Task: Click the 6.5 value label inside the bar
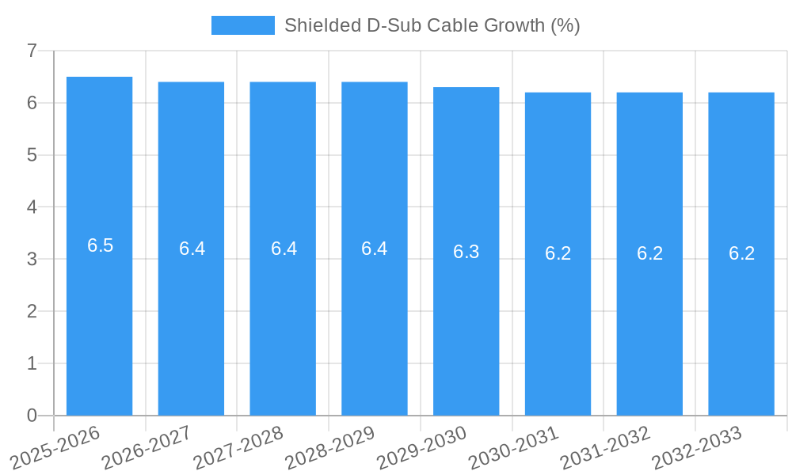pyautogui.click(x=101, y=245)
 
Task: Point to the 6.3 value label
pyautogui.click(x=466, y=252)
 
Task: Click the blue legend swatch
pyautogui.click(x=242, y=25)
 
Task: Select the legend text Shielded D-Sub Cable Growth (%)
pyautogui.click(x=432, y=25)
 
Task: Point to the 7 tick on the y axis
pyautogui.click(x=32, y=51)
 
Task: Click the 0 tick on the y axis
pyautogui.click(x=32, y=416)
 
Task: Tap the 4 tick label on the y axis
pyautogui.click(x=32, y=207)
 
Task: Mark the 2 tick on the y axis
pyautogui.click(x=32, y=311)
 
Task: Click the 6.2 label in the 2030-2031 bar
pyautogui.click(x=558, y=253)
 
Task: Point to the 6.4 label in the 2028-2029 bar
pyautogui.click(x=375, y=249)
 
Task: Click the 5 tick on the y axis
pyautogui.click(x=32, y=155)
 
